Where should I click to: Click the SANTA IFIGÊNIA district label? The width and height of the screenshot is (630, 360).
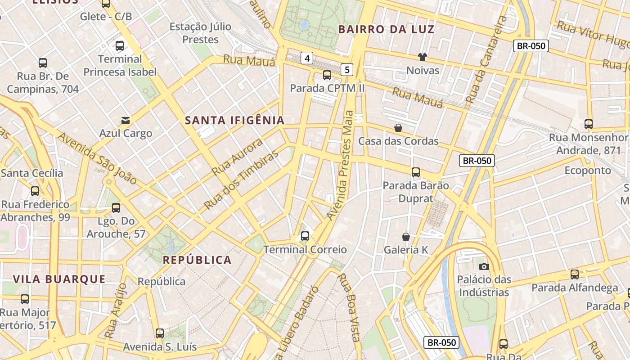click(x=235, y=120)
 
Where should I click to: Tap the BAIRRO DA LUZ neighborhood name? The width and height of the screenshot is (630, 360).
click(x=386, y=30)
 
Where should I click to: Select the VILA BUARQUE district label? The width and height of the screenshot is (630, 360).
click(x=59, y=279)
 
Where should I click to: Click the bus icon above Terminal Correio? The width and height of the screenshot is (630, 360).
click(x=305, y=236)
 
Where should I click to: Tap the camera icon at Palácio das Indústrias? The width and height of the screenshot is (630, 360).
click(x=484, y=266)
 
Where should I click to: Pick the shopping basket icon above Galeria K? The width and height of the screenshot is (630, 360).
click(x=406, y=236)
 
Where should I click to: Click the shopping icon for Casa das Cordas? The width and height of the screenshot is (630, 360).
click(x=398, y=128)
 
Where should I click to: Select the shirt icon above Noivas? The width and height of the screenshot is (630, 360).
click(x=422, y=57)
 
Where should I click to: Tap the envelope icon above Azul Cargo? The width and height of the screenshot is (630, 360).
click(x=126, y=120)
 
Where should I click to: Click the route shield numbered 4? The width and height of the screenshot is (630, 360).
click(x=307, y=58)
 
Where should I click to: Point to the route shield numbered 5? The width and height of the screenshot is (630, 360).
click(x=347, y=69)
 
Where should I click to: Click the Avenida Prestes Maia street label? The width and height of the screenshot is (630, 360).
click(x=343, y=166)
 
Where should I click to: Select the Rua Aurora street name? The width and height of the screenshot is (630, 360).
click(x=237, y=157)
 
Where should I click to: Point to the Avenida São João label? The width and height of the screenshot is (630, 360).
click(x=97, y=158)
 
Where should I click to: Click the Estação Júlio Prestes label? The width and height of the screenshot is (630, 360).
click(x=200, y=33)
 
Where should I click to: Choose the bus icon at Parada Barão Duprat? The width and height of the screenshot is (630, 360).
click(x=416, y=172)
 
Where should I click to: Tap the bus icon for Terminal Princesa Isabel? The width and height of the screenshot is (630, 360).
click(x=120, y=45)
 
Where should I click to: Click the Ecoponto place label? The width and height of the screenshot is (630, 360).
click(x=588, y=170)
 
